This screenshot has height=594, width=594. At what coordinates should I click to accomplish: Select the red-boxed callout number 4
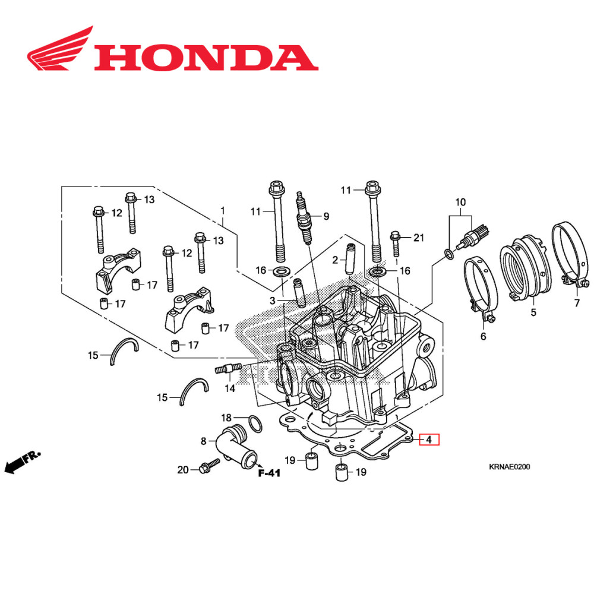428,440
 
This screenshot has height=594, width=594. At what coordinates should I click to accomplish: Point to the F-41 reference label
269,473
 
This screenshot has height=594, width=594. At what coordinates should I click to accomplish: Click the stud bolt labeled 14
226,369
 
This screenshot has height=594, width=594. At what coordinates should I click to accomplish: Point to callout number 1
223,210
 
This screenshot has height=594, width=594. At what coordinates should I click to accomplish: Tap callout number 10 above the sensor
460,203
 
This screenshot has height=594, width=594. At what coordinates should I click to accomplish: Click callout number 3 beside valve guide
272,301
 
